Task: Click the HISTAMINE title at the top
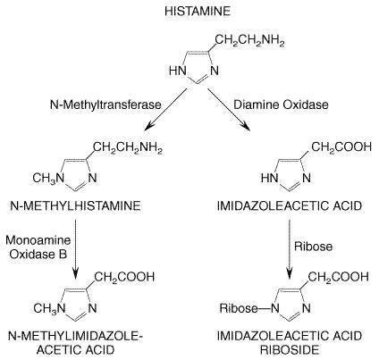point(198,12)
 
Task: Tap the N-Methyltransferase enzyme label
point(105,105)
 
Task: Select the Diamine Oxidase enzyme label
point(281,105)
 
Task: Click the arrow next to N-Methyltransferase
point(165,110)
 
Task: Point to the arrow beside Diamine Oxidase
point(229,110)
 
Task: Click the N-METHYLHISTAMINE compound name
point(75,205)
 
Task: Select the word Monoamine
point(38,240)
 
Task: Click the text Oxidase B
point(38,255)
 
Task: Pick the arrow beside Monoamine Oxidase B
point(76,249)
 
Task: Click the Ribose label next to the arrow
point(313,247)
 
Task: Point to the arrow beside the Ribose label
point(289,249)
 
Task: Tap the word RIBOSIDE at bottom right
point(290,349)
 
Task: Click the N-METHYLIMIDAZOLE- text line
point(75,336)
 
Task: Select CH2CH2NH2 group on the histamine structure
point(249,41)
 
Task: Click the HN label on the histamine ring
point(178,71)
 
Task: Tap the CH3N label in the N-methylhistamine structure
point(48,179)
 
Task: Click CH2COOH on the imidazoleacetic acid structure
point(341,147)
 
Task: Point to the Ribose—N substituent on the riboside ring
point(249,308)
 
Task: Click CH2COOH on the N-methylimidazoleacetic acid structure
point(124,277)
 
